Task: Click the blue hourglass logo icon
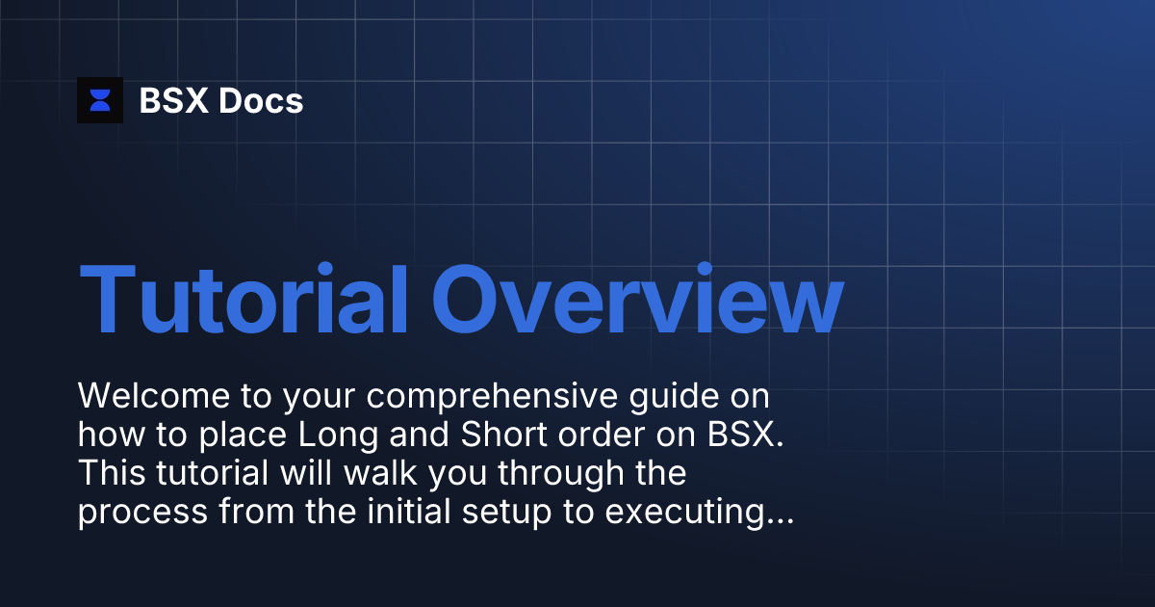pyautogui.click(x=100, y=100)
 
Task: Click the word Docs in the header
pyautogui.click(x=261, y=100)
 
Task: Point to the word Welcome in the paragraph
pyautogui.click(x=146, y=396)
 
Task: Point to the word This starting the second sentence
pyautogui.click(x=108, y=474)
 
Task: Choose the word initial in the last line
pyautogui.click(x=398, y=513)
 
